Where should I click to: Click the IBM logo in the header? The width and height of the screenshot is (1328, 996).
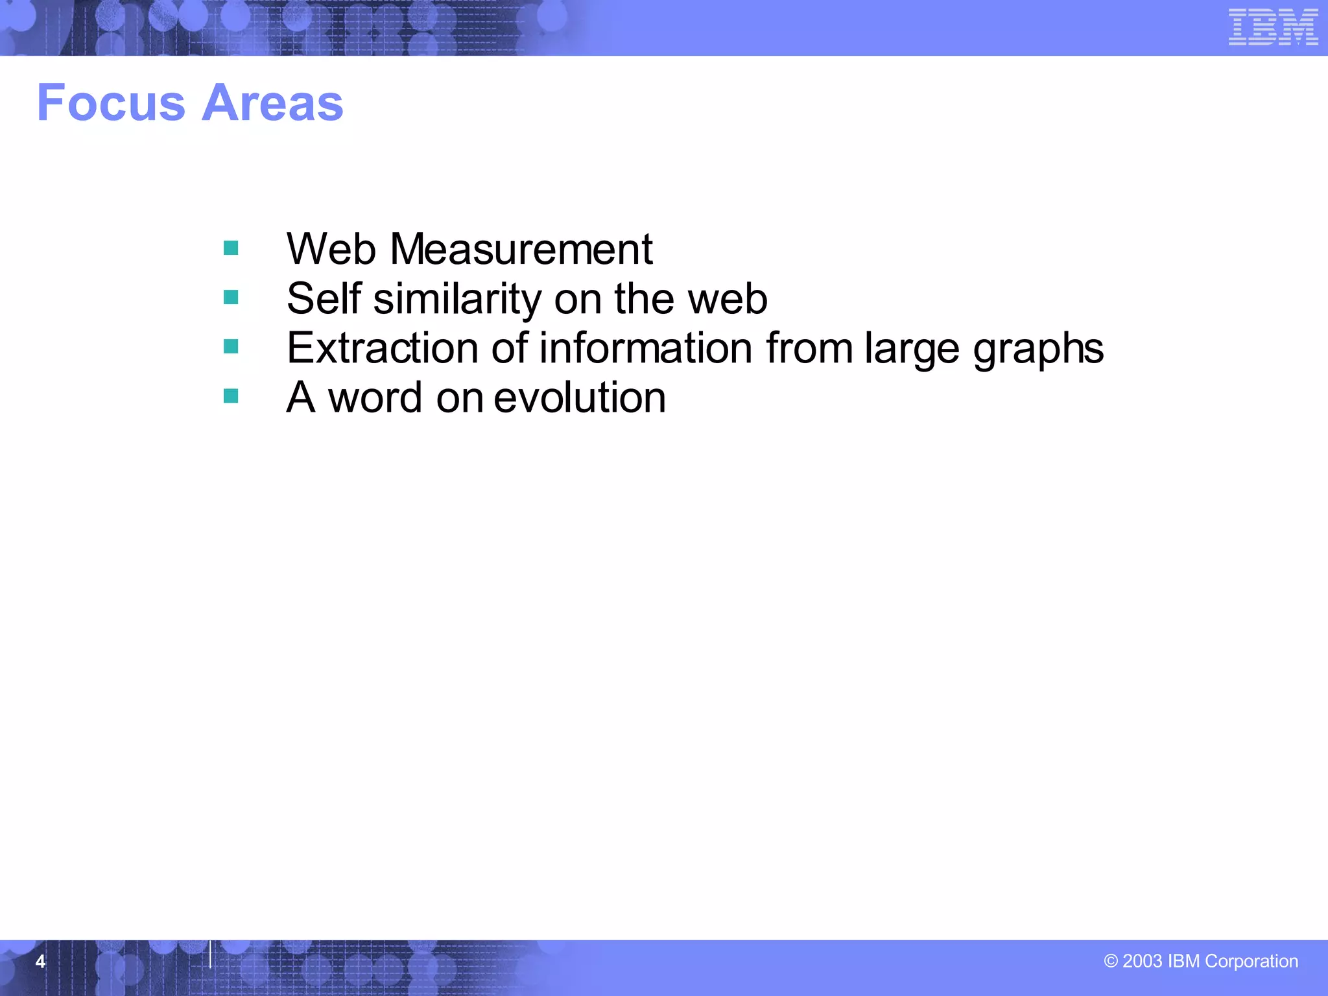click(1273, 27)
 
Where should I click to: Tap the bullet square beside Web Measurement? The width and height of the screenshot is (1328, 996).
click(231, 248)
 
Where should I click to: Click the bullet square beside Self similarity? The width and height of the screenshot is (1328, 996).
click(231, 298)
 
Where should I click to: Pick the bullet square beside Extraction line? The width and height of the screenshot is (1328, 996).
click(231, 347)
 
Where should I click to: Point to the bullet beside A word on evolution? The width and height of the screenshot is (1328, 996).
click(231, 396)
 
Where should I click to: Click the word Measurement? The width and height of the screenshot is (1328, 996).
click(521, 249)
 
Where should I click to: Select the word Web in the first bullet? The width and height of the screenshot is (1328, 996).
click(331, 249)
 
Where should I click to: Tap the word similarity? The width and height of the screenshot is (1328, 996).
click(457, 299)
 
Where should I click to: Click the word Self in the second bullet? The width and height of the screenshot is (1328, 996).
click(324, 299)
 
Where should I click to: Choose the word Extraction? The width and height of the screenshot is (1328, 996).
click(383, 348)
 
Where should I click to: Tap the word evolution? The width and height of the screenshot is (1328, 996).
click(580, 397)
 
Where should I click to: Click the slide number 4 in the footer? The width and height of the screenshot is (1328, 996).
click(40, 961)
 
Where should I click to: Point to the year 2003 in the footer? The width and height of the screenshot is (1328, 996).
click(1142, 961)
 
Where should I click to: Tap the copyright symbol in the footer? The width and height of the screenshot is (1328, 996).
click(1111, 961)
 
